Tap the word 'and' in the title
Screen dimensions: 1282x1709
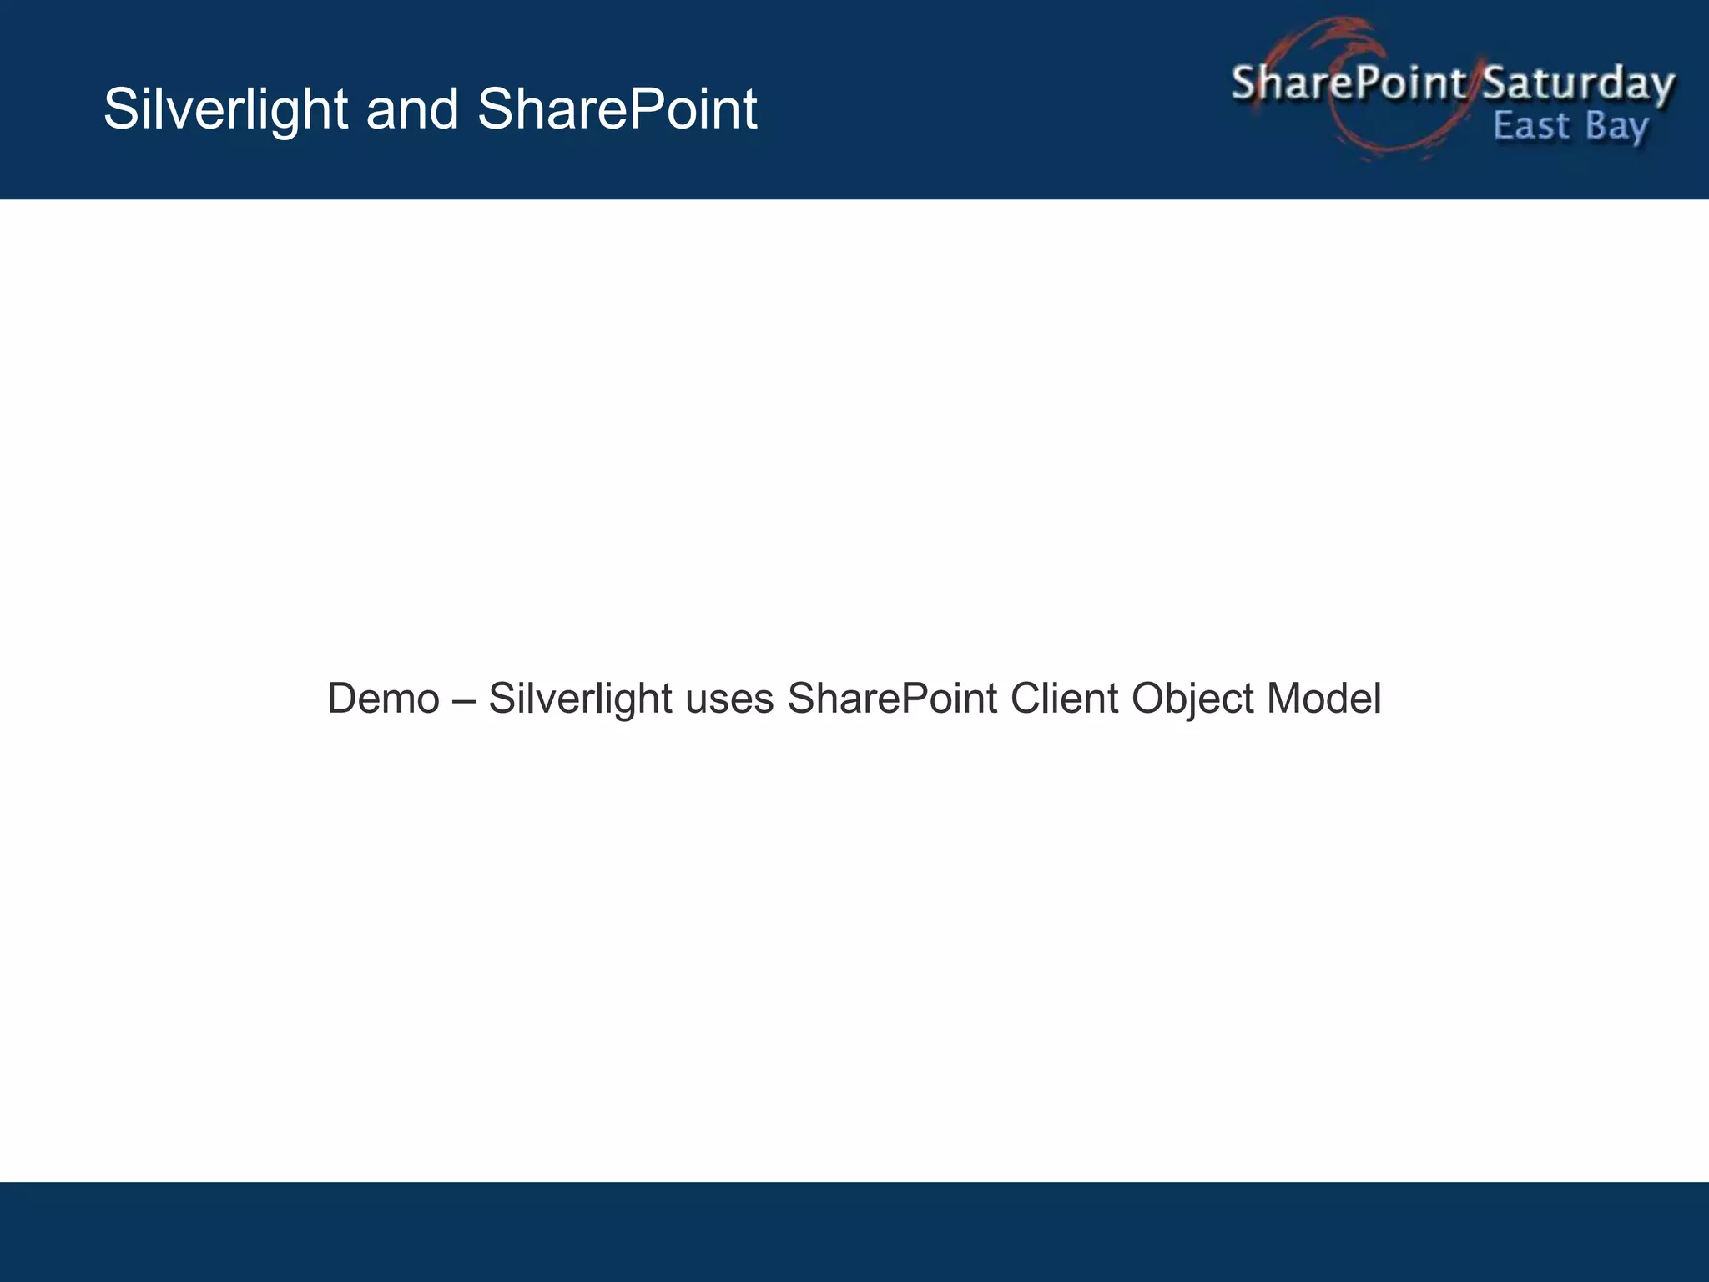tap(412, 109)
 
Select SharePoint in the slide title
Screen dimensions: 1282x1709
tap(617, 109)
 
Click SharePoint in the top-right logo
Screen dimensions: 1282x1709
tap(1348, 83)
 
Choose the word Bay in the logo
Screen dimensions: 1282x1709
tap(1617, 128)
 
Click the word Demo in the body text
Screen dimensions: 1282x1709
tap(383, 698)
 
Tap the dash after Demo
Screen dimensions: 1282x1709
tap(464, 699)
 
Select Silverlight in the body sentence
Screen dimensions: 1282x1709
tap(580, 698)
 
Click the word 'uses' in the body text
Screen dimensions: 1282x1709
tap(729, 699)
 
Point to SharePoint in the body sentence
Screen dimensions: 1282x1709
tap(892, 698)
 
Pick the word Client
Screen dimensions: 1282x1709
tap(1064, 698)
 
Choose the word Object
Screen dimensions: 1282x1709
tap(1192, 699)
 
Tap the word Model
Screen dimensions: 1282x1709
tap(1323, 698)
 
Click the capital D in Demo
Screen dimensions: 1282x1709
tap(341, 698)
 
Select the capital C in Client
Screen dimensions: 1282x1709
tap(1026, 698)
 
